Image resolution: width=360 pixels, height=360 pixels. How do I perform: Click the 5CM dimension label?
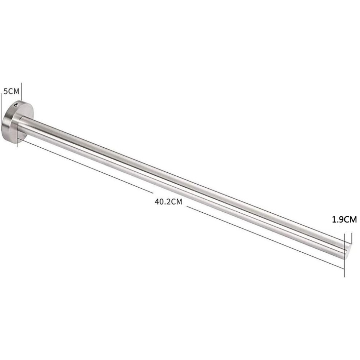[x=12, y=91]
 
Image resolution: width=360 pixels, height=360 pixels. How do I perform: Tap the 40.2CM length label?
[x=168, y=202]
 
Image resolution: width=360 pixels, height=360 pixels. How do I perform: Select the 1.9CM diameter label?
[x=344, y=220]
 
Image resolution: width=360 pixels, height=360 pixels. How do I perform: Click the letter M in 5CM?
[x=16, y=91]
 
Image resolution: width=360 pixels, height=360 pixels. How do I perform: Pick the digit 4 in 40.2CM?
[x=157, y=202]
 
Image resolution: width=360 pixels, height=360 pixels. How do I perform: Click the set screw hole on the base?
[x=16, y=105]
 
